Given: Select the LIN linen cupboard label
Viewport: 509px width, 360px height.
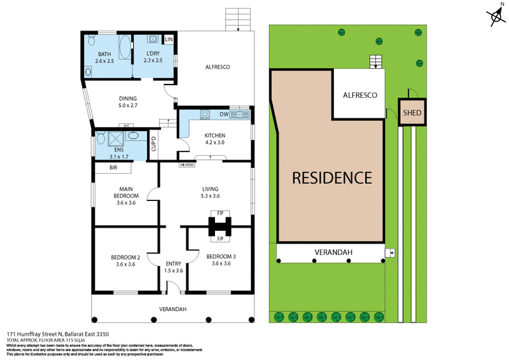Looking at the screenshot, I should point(169,40).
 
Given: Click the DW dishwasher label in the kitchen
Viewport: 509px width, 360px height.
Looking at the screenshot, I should point(223,114).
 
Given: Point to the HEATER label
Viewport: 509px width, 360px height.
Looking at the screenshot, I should point(186,165).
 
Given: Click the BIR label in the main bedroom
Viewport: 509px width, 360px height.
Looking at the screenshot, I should point(113,168).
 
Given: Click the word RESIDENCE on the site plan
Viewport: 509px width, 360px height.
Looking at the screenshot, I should point(331,177).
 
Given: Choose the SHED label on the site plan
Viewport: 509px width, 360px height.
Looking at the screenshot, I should point(412,113).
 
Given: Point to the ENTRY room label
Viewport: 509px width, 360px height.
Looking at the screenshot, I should point(173,264).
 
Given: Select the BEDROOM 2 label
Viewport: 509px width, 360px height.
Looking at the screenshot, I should point(125,257).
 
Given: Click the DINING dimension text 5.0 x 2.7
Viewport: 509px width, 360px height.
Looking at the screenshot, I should point(128,106).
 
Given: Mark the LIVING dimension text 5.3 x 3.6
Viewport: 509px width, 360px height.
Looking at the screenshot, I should point(210,197).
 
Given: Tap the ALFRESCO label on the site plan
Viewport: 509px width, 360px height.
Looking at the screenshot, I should point(360,95).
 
